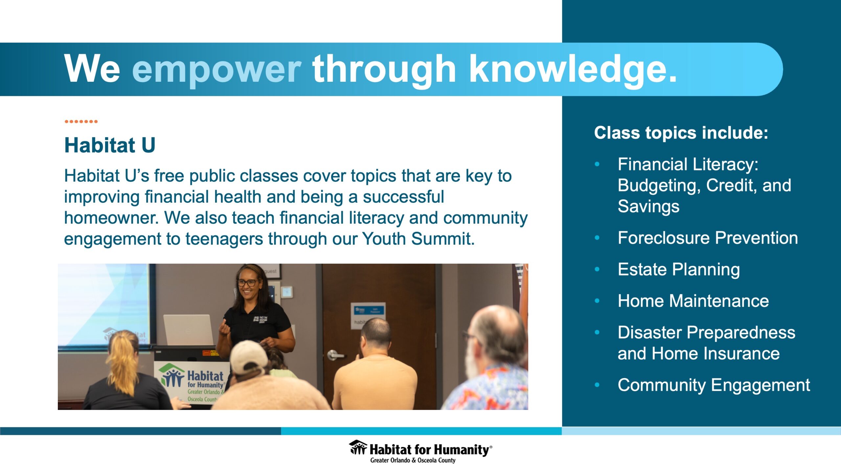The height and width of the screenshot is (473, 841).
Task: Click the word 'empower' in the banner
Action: coord(216,70)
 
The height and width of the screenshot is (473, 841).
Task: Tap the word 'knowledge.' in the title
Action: coord(573,70)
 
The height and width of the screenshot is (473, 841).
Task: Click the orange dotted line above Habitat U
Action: coord(81,122)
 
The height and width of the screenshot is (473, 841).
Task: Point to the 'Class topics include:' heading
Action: coord(681,133)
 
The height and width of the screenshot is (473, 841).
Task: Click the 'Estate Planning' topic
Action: coord(679,270)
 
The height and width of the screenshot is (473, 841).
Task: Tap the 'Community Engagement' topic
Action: coord(714,385)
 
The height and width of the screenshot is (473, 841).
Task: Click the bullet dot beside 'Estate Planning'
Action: coord(597,269)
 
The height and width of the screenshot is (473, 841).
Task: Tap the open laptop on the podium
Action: coord(188,330)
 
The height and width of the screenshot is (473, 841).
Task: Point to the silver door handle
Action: coord(335,355)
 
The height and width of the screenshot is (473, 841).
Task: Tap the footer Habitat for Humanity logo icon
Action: coord(358,447)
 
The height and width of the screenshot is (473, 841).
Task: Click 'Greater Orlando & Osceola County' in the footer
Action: coord(413,460)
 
